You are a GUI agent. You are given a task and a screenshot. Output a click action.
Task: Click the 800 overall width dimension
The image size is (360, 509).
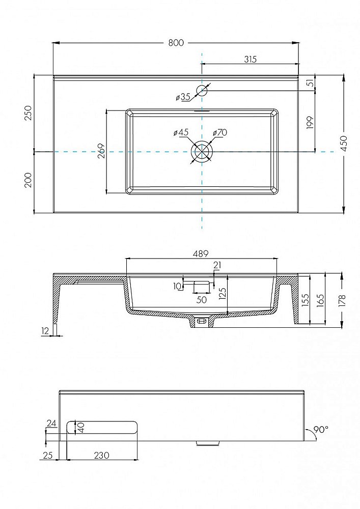(x=176, y=43)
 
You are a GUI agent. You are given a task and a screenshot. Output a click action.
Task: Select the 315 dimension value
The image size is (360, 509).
(x=250, y=59)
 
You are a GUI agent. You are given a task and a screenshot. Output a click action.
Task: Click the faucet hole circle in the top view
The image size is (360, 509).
(x=202, y=91)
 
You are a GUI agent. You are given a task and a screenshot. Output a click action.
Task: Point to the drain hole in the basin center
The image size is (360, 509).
(x=202, y=151)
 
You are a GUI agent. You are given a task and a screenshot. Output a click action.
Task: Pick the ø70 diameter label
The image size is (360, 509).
(x=220, y=132)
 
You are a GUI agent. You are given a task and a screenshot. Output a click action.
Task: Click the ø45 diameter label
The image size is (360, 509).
(x=181, y=132)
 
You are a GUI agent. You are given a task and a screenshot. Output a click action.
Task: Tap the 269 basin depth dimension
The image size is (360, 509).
(x=101, y=151)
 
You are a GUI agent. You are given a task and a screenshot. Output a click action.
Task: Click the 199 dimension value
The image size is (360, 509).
(x=311, y=123)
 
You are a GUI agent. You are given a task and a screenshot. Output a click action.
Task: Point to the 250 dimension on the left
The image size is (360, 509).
(x=29, y=112)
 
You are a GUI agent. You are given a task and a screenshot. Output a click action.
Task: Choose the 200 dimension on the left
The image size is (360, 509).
(x=29, y=180)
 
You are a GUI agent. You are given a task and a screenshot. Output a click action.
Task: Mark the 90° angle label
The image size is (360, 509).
(x=320, y=430)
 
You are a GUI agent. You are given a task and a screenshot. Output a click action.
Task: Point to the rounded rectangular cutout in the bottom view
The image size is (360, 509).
(x=102, y=427)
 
